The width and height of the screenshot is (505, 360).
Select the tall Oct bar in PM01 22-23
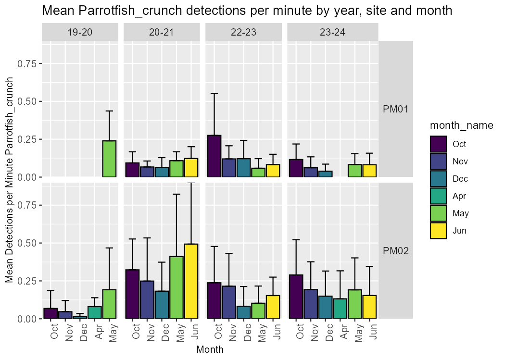(x=214, y=156)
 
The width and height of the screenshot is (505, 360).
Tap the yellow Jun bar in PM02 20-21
(x=191, y=281)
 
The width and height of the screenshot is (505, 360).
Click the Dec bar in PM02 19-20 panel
(x=80, y=317)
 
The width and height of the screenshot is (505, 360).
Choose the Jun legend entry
(x=459, y=231)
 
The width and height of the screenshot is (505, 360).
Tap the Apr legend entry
(x=459, y=196)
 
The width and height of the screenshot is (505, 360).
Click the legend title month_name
(x=461, y=125)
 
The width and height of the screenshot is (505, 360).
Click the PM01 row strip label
(x=395, y=109)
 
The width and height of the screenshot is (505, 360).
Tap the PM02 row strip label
(x=395, y=251)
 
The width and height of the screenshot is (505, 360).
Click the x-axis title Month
(x=210, y=350)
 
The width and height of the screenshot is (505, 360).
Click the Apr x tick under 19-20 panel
(x=98, y=332)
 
